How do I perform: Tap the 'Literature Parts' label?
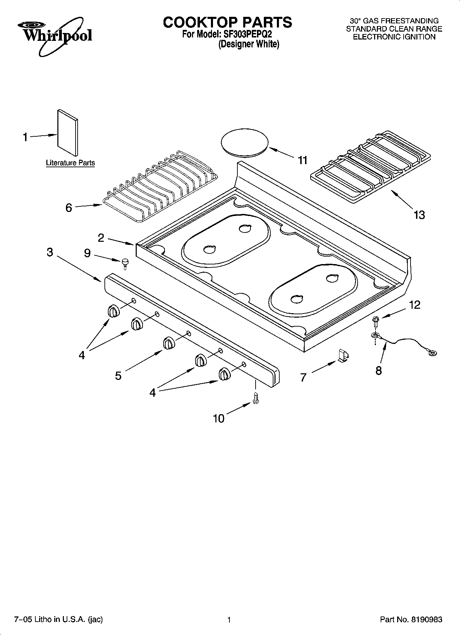click(x=70, y=163)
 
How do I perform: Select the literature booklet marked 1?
click(x=67, y=132)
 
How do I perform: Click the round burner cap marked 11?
click(x=244, y=143)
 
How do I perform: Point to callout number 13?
click(x=419, y=215)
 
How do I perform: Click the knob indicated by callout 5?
click(x=169, y=343)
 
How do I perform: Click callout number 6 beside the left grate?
click(x=69, y=208)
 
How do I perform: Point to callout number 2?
click(x=101, y=238)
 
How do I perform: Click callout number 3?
click(x=50, y=252)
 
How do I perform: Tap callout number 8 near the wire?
click(x=379, y=371)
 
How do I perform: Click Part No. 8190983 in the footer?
click(x=411, y=620)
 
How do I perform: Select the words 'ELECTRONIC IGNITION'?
click(x=394, y=37)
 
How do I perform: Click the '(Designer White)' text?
click(x=249, y=44)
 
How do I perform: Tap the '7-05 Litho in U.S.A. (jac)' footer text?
click(x=58, y=620)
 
